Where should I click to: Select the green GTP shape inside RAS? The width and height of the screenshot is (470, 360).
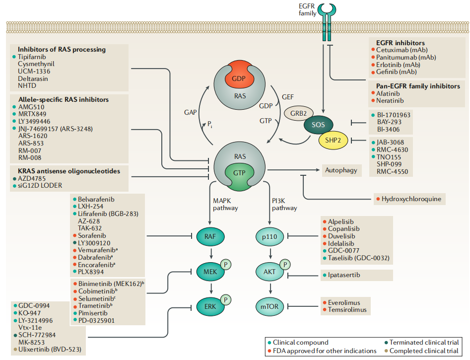click(x=239, y=177)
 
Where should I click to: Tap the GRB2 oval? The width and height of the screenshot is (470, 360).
click(x=299, y=113)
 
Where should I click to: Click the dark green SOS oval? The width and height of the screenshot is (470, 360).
click(x=318, y=125)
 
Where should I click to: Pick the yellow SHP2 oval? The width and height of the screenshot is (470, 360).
click(x=333, y=140)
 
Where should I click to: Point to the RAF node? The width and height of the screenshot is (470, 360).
click(x=210, y=236)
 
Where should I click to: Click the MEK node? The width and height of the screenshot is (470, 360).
click(x=210, y=272)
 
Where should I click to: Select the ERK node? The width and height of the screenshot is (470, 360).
click(x=210, y=306)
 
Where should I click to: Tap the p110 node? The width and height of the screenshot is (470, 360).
click(x=269, y=236)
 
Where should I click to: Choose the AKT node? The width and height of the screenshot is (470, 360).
click(x=269, y=272)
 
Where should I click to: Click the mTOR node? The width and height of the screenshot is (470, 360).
click(x=269, y=306)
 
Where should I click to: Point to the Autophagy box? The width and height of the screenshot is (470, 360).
click(x=341, y=170)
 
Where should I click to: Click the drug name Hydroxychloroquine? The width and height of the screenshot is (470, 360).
click(x=411, y=199)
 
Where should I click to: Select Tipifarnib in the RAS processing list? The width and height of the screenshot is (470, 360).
click(x=32, y=57)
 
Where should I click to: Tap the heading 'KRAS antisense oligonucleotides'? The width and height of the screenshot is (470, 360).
click(x=69, y=171)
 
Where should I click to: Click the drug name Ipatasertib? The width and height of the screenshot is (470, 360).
click(x=344, y=275)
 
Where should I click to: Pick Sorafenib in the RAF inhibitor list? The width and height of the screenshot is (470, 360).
click(x=92, y=235)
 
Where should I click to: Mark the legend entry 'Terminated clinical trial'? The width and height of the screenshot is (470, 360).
click(x=424, y=342)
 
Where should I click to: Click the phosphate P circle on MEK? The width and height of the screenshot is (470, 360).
click(x=226, y=265)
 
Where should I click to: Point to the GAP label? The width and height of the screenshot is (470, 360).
click(x=191, y=112)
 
